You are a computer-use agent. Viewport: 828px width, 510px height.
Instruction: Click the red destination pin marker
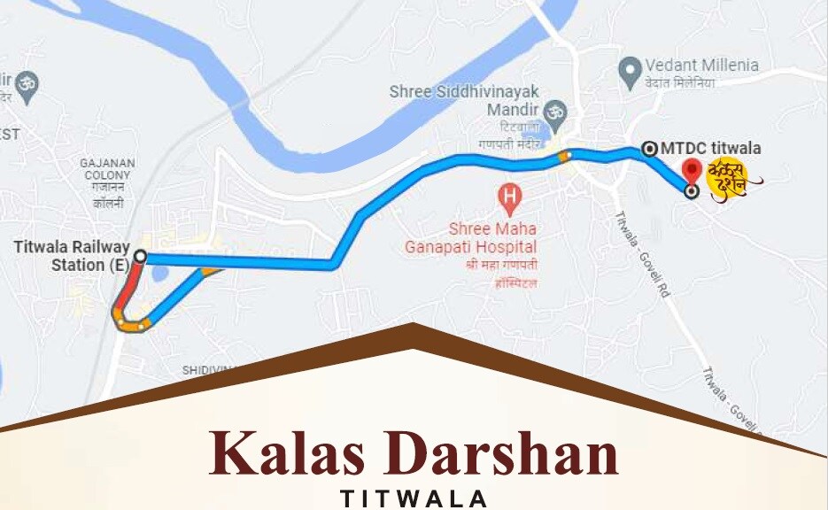pos(692,170)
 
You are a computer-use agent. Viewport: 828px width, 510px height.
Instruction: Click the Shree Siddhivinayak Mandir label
pos(464,99)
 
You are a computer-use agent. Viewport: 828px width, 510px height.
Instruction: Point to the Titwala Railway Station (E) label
pos(71,256)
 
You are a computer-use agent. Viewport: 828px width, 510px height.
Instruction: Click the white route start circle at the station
pos(140,257)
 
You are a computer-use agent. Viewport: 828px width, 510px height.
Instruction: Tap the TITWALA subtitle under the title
pos(414,498)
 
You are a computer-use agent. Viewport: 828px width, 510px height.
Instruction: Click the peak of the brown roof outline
pos(413,327)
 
